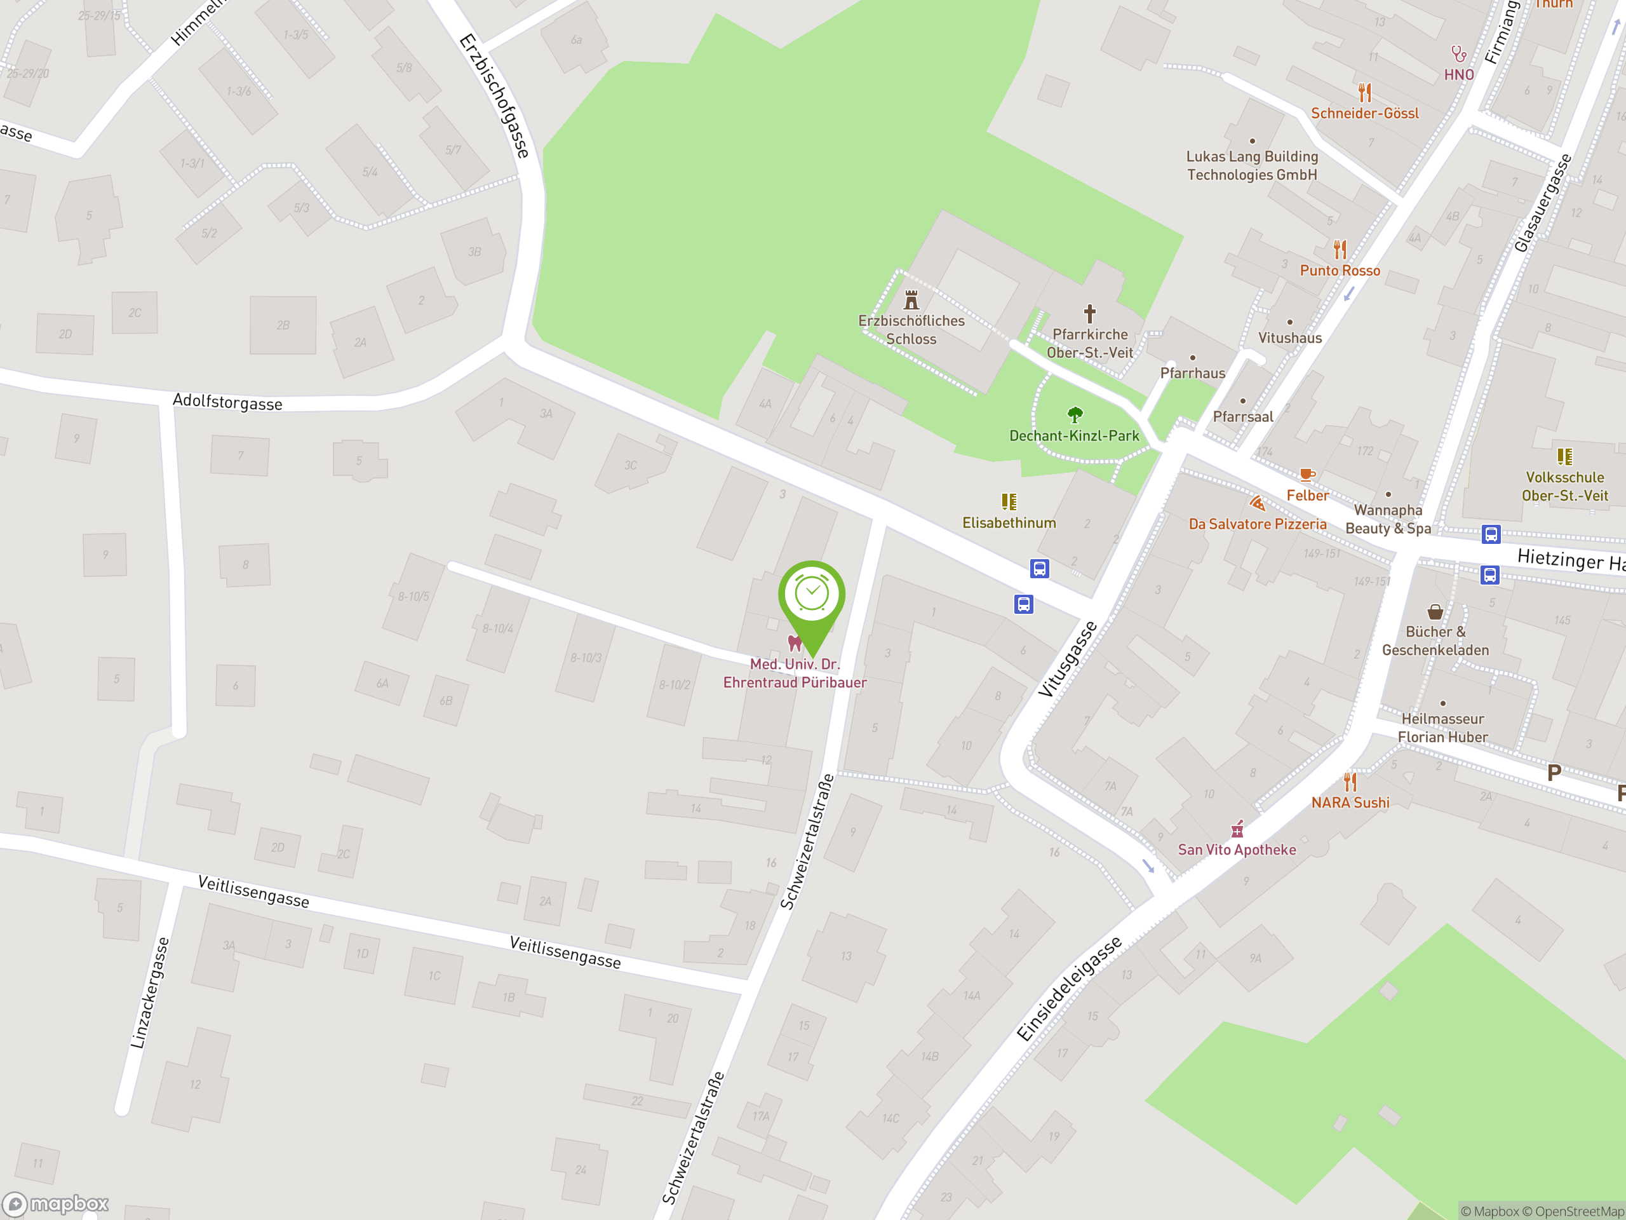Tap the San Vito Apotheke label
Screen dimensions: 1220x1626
click(1237, 850)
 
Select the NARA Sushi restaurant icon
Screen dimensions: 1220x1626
click(1350, 780)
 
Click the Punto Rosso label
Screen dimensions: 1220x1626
click(1340, 271)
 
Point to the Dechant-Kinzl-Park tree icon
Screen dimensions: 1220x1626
click(1075, 415)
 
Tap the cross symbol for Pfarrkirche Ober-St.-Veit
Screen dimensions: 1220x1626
click(1089, 314)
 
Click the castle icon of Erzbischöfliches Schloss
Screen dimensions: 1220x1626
click(911, 299)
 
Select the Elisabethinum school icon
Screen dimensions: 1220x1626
click(1009, 501)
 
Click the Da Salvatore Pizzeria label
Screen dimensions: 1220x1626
click(1257, 524)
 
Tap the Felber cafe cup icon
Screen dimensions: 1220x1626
click(1307, 474)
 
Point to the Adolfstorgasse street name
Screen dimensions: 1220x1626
click(227, 402)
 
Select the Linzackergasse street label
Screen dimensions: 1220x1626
click(150, 993)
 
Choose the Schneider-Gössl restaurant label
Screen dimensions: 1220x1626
click(1364, 113)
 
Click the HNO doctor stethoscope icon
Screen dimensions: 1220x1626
click(1458, 53)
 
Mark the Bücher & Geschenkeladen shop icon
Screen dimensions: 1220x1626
click(1435, 612)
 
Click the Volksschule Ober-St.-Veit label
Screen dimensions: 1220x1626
click(1564, 486)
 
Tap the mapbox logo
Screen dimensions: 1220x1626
click(57, 1204)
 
